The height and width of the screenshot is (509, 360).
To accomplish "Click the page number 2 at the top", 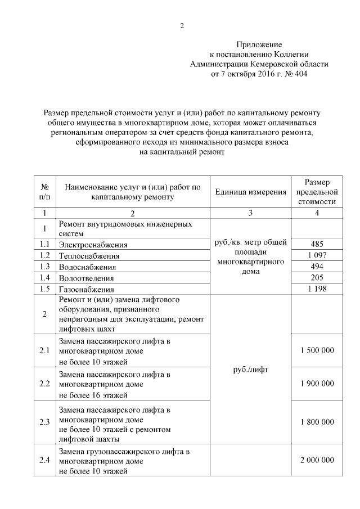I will [x=182, y=26].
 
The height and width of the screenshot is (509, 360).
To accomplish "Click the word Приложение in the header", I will [x=259, y=44].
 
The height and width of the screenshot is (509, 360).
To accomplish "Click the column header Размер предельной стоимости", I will [x=317, y=192].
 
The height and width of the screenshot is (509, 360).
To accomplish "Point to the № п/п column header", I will [x=44, y=192].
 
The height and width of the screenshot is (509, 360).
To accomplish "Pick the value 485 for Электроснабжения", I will [x=317, y=245].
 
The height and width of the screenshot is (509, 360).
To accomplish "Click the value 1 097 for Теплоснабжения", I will [x=317, y=256].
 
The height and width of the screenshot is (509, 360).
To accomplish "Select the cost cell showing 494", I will [x=317, y=267].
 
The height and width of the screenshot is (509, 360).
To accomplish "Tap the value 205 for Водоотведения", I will [x=317, y=278].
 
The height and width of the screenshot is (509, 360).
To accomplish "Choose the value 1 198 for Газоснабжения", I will [x=317, y=289].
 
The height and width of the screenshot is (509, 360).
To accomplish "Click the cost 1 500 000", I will [x=317, y=350].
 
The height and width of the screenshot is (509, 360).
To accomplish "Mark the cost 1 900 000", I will [x=317, y=384].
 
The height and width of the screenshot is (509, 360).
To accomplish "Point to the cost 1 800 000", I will [x=317, y=421].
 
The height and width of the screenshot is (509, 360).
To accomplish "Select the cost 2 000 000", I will [x=317, y=460].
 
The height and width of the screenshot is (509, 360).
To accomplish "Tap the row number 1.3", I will [x=45, y=267].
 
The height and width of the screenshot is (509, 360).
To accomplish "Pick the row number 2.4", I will [x=45, y=460].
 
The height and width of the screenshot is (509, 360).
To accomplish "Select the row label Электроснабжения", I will [x=93, y=245].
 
